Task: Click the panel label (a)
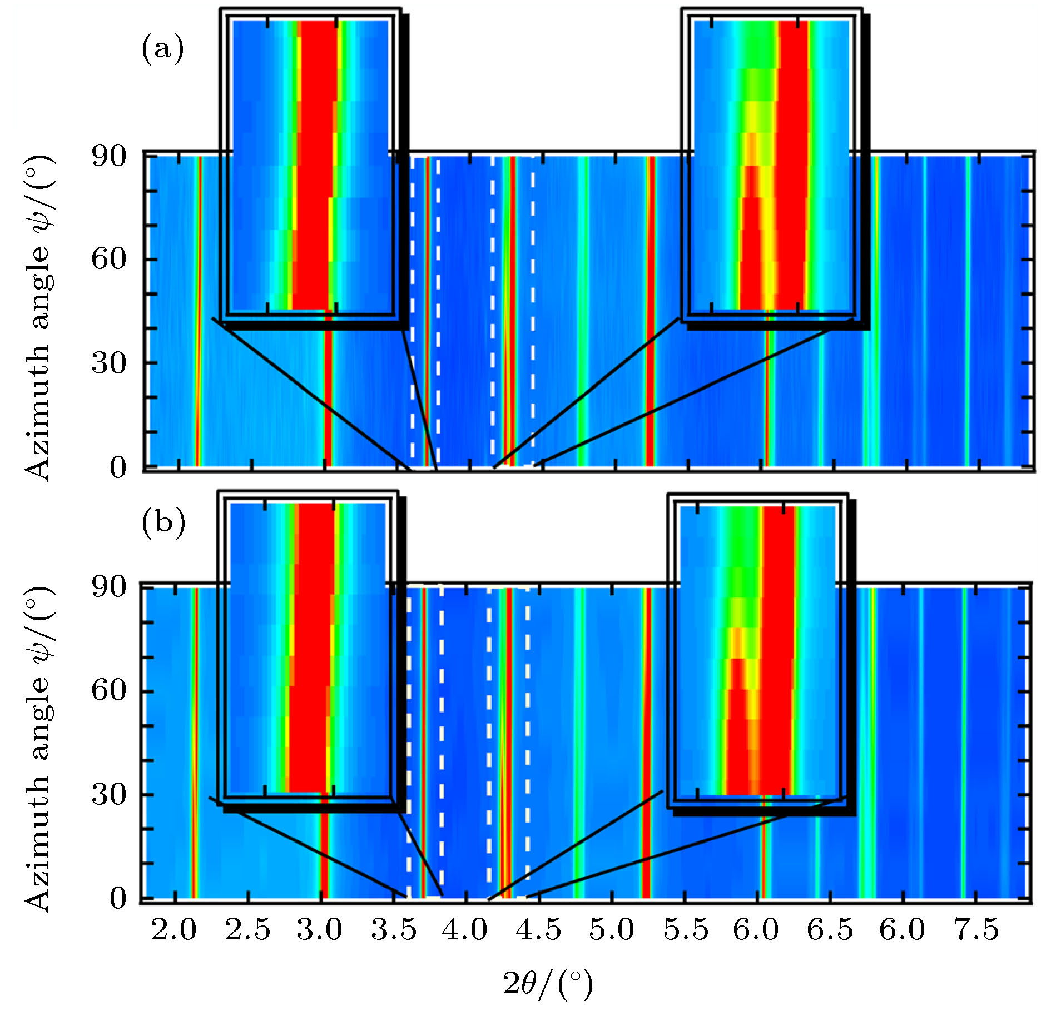(162, 50)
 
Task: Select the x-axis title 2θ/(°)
(548, 984)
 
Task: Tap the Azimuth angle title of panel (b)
(38, 750)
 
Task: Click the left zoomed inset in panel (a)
(310, 166)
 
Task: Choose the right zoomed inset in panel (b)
(758, 649)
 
